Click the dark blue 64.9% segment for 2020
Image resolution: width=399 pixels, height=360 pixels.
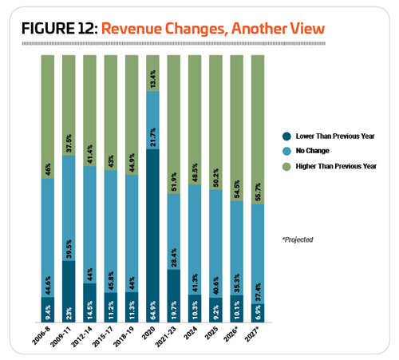click(152, 235)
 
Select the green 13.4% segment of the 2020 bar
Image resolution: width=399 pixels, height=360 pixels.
click(152, 73)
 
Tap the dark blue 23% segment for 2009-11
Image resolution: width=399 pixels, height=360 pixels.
click(69, 291)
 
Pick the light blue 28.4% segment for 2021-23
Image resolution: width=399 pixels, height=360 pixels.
click(174, 231)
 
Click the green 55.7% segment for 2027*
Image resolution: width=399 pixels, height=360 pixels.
click(258, 129)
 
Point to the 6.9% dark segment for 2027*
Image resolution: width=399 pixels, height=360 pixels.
click(258, 313)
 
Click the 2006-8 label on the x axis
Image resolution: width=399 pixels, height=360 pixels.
click(41, 336)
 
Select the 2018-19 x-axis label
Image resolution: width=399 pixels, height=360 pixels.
click(124, 337)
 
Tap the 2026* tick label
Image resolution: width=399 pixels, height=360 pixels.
click(231, 334)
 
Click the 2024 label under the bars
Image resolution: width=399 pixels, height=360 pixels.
click(191, 334)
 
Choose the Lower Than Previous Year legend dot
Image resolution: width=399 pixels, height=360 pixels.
click(286, 136)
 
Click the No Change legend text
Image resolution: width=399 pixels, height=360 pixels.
click(313, 151)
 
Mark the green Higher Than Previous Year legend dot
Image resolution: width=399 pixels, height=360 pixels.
click(286, 167)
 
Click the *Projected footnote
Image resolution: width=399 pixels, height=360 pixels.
click(298, 239)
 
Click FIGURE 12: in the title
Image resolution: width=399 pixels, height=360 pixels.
click(60, 29)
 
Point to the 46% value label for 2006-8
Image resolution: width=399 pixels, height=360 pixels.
click(48, 169)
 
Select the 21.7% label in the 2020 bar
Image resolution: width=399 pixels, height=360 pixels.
click(153, 137)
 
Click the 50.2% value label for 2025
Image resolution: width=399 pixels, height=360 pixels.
click(216, 177)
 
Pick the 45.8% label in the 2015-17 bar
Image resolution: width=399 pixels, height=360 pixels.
click(111, 280)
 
